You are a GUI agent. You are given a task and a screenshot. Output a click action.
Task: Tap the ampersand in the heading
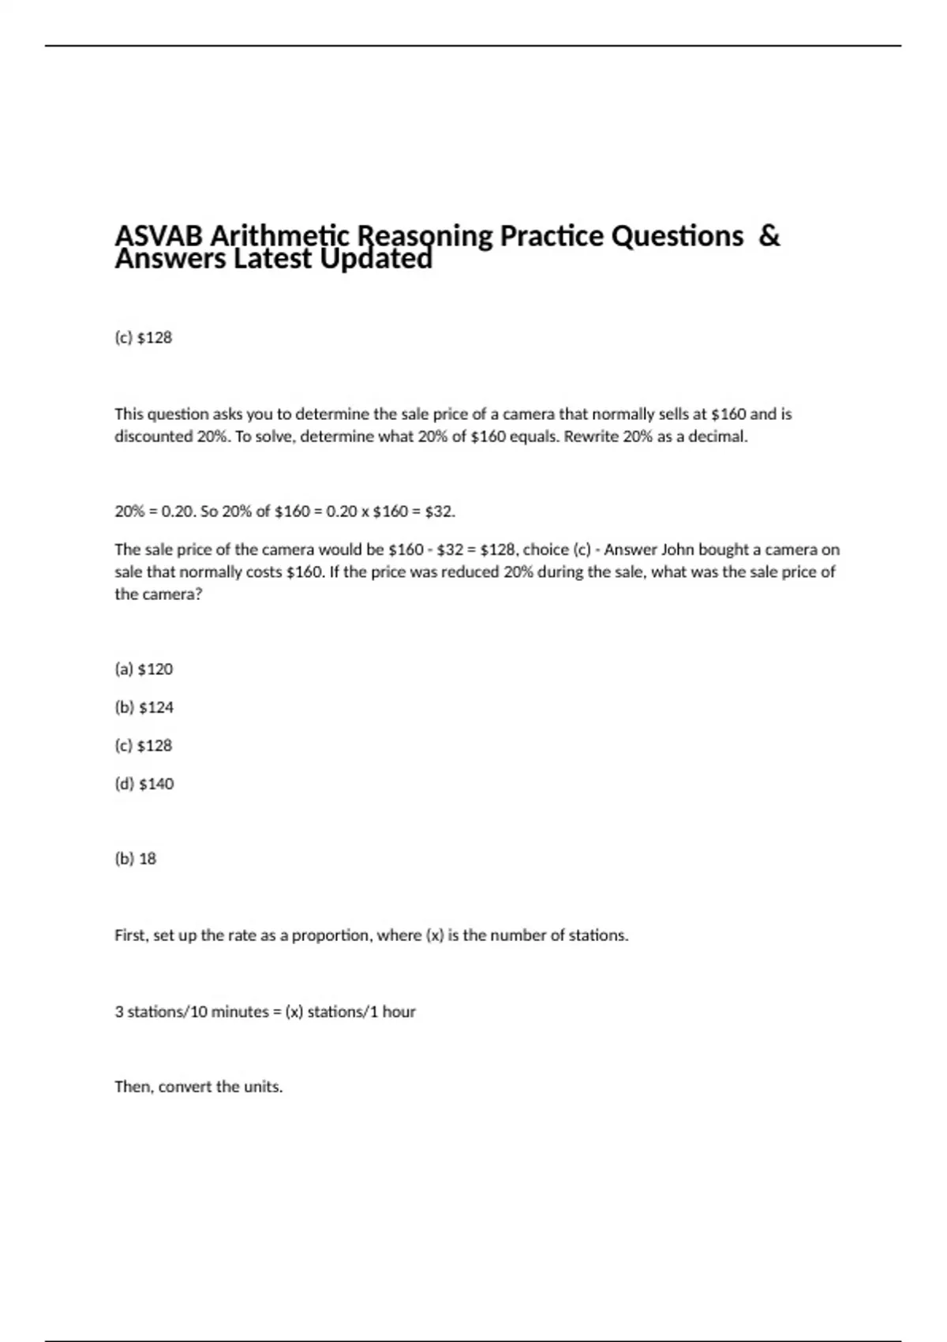(x=769, y=235)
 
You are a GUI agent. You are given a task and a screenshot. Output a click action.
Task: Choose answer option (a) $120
(x=144, y=669)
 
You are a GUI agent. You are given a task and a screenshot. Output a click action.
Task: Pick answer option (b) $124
(x=144, y=707)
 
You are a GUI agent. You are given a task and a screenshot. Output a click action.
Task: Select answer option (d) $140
(x=144, y=784)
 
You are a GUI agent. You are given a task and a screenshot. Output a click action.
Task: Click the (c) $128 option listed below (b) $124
(x=144, y=745)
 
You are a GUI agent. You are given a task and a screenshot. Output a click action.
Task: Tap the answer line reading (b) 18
(x=136, y=859)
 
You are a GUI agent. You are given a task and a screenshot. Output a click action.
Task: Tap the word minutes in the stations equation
(x=229, y=1012)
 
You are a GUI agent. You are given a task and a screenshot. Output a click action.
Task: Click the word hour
(x=399, y=1012)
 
